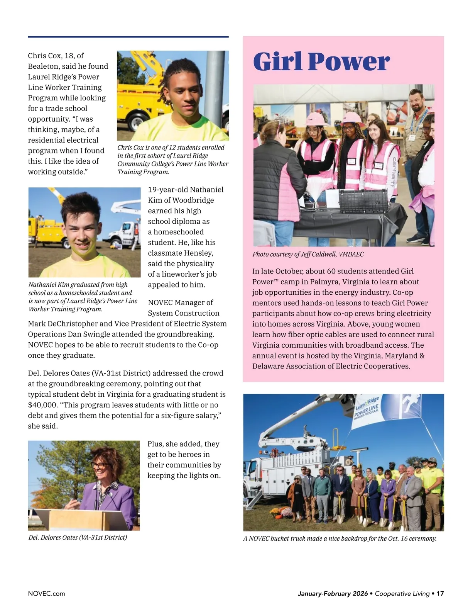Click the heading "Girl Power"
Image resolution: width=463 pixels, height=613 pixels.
pos(321,61)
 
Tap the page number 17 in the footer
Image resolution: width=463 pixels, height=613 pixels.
pos(440,593)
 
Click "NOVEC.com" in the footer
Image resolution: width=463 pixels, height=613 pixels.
pos(46,593)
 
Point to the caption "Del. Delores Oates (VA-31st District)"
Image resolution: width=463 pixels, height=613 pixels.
pos(78,537)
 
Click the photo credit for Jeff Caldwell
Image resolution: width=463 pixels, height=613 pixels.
pos(308,254)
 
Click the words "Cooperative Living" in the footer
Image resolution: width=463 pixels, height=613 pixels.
pos(402,593)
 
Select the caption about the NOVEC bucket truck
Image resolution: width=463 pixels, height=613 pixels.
pos(340,538)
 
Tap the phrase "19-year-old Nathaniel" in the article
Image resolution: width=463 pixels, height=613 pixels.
pos(186,190)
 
